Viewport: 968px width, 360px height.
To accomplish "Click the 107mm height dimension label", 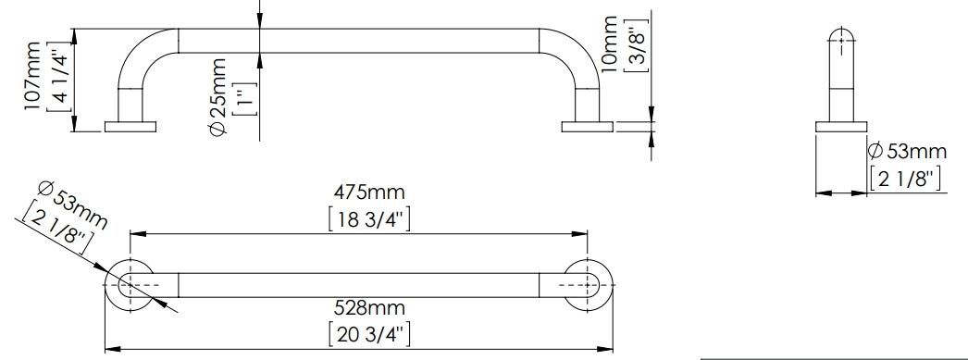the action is [x=32, y=76].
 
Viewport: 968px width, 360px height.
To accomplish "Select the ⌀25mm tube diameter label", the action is [x=217, y=96].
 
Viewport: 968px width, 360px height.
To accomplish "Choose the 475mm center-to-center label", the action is [x=369, y=192].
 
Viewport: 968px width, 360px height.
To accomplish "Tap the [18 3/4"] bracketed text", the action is [x=369, y=219].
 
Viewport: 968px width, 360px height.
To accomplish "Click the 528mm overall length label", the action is [x=369, y=307].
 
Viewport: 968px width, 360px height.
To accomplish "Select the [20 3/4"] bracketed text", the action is [x=369, y=334].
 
